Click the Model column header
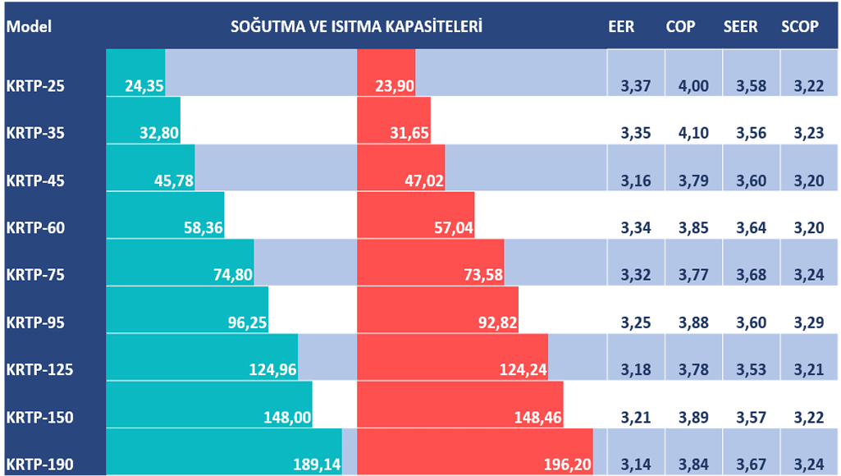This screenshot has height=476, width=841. pyautogui.click(x=29, y=26)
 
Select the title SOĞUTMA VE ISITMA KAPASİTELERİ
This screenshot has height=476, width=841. pyautogui.click(x=355, y=26)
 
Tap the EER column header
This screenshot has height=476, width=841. pyautogui.click(x=621, y=26)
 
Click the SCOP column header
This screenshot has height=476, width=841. pyautogui.click(x=800, y=26)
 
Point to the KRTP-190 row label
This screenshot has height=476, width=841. pyautogui.click(x=39, y=465)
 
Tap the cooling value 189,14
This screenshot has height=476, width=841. pyautogui.click(x=317, y=465)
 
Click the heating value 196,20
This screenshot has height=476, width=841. pyautogui.click(x=568, y=465)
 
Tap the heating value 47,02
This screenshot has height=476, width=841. pyautogui.click(x=419, y=181)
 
